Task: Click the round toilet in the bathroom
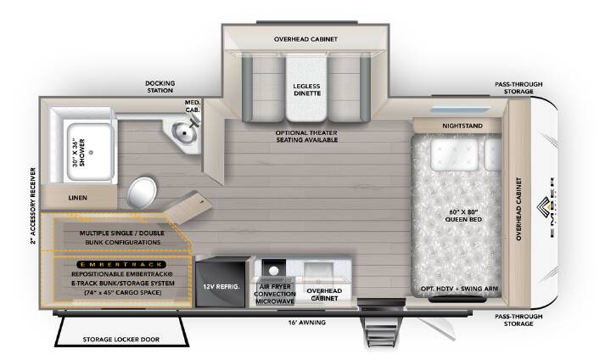[142, 192]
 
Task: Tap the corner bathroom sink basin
[184, 132]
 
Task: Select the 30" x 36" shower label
[79, 153]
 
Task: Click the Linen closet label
[77, 198]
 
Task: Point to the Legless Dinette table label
[307, 90]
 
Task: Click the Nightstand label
[462, 126]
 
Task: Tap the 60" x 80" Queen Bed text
[463, 216]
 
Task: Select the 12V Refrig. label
[221, 287]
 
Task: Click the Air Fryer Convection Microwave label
[275, 294]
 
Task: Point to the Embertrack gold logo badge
[121, 264]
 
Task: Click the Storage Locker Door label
[121, 340]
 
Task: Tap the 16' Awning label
[307, 323]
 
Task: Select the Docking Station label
[160, 87]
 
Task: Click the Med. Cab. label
[193, 106]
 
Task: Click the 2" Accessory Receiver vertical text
[33, 206]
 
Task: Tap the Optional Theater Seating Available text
[306, 136]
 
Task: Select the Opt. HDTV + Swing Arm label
[459, 289]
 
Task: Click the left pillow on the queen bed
[454, 155]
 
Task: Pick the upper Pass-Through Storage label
[519, 87]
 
